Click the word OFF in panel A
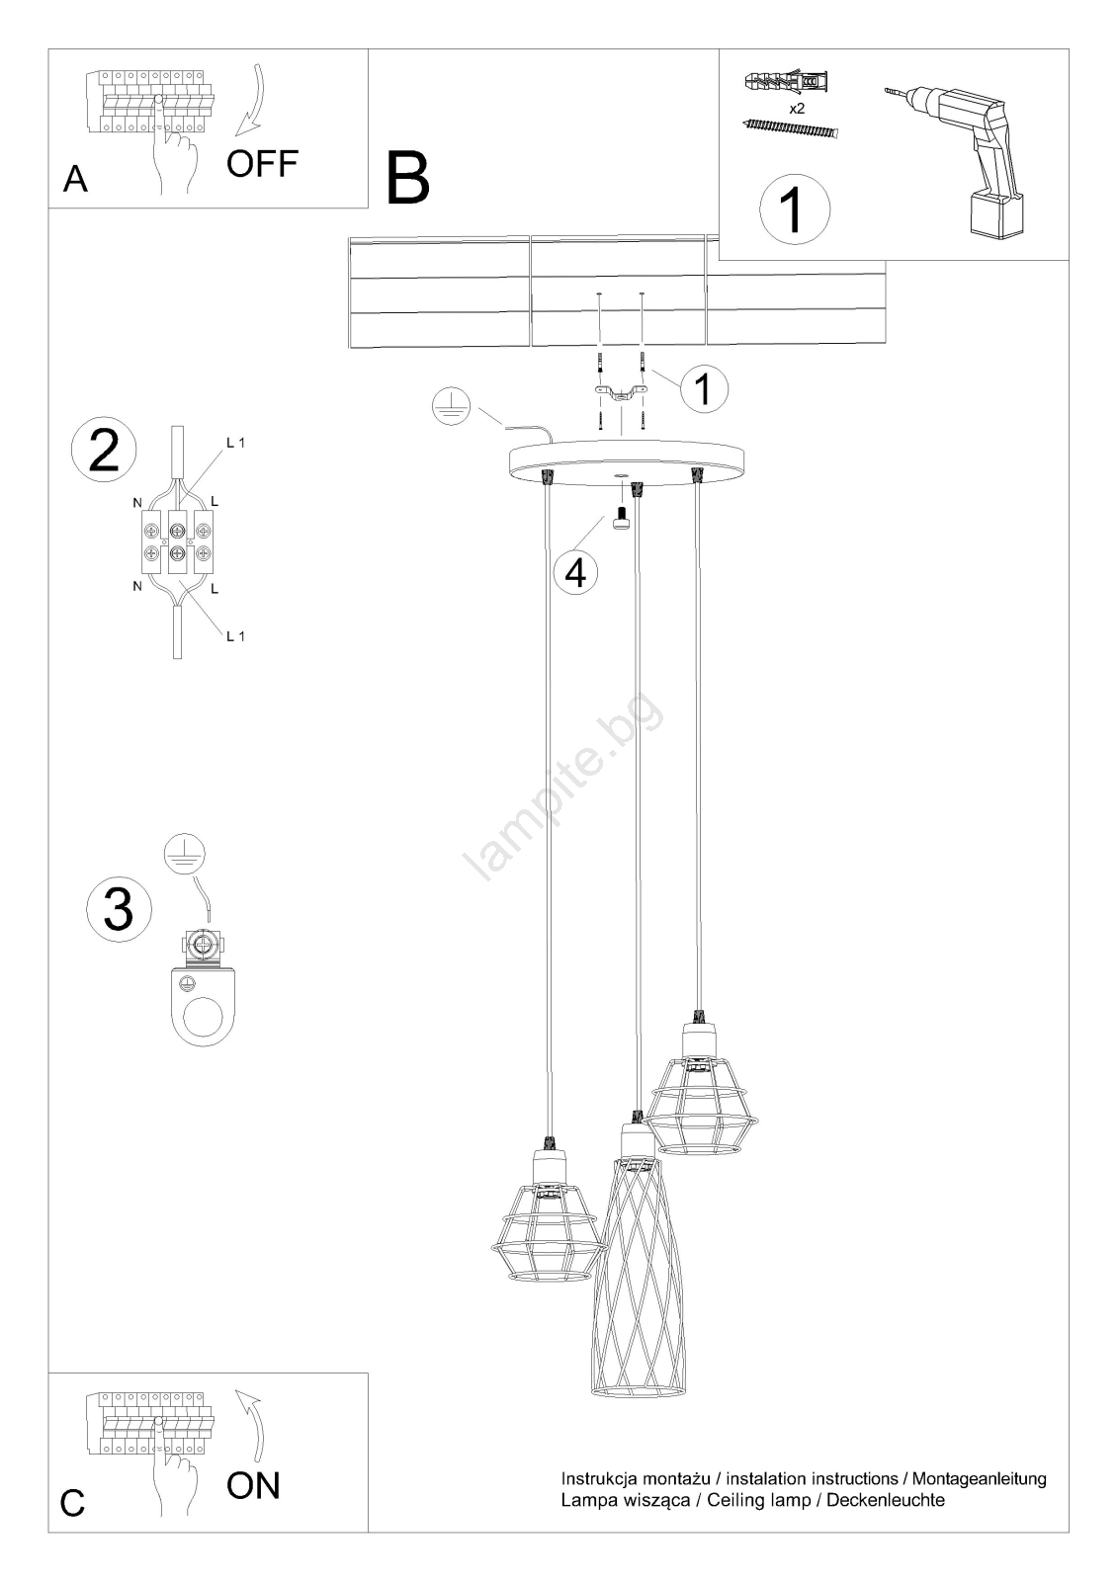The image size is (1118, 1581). pos(263,163)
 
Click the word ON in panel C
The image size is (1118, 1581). pos(253,1485)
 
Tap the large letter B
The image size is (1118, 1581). pos(408,179)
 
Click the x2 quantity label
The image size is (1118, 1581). pos(797,109)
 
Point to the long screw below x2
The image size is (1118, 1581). pos(791,128)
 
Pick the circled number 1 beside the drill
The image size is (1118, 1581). pos(795,209)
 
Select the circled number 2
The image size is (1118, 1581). pos(105,451)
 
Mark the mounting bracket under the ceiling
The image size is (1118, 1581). pos(620,394)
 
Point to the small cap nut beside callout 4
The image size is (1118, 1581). pos(622,519)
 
